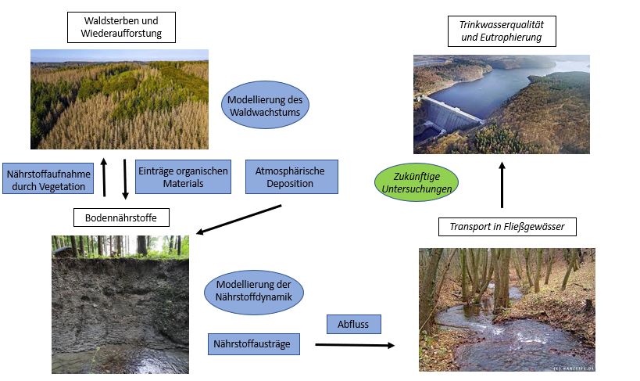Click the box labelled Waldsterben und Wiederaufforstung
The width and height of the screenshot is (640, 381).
[x=120, y=27]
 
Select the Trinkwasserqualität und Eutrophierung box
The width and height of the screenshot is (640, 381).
[x=499, y=30]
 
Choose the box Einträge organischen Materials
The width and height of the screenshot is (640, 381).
[x=183, y=177]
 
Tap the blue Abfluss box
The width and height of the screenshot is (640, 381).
[x=353, y=323]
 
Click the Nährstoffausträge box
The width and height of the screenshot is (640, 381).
[x=255, y=344]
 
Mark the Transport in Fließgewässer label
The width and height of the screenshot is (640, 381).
[x=513, y=228]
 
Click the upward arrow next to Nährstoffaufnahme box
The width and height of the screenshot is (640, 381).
[x=105, y=178]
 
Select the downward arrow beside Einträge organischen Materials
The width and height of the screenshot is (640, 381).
[x=125, y=178]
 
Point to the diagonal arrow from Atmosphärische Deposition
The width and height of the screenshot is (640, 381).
[x=238, y=219]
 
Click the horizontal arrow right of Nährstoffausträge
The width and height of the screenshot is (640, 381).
[x=355, y=345]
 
